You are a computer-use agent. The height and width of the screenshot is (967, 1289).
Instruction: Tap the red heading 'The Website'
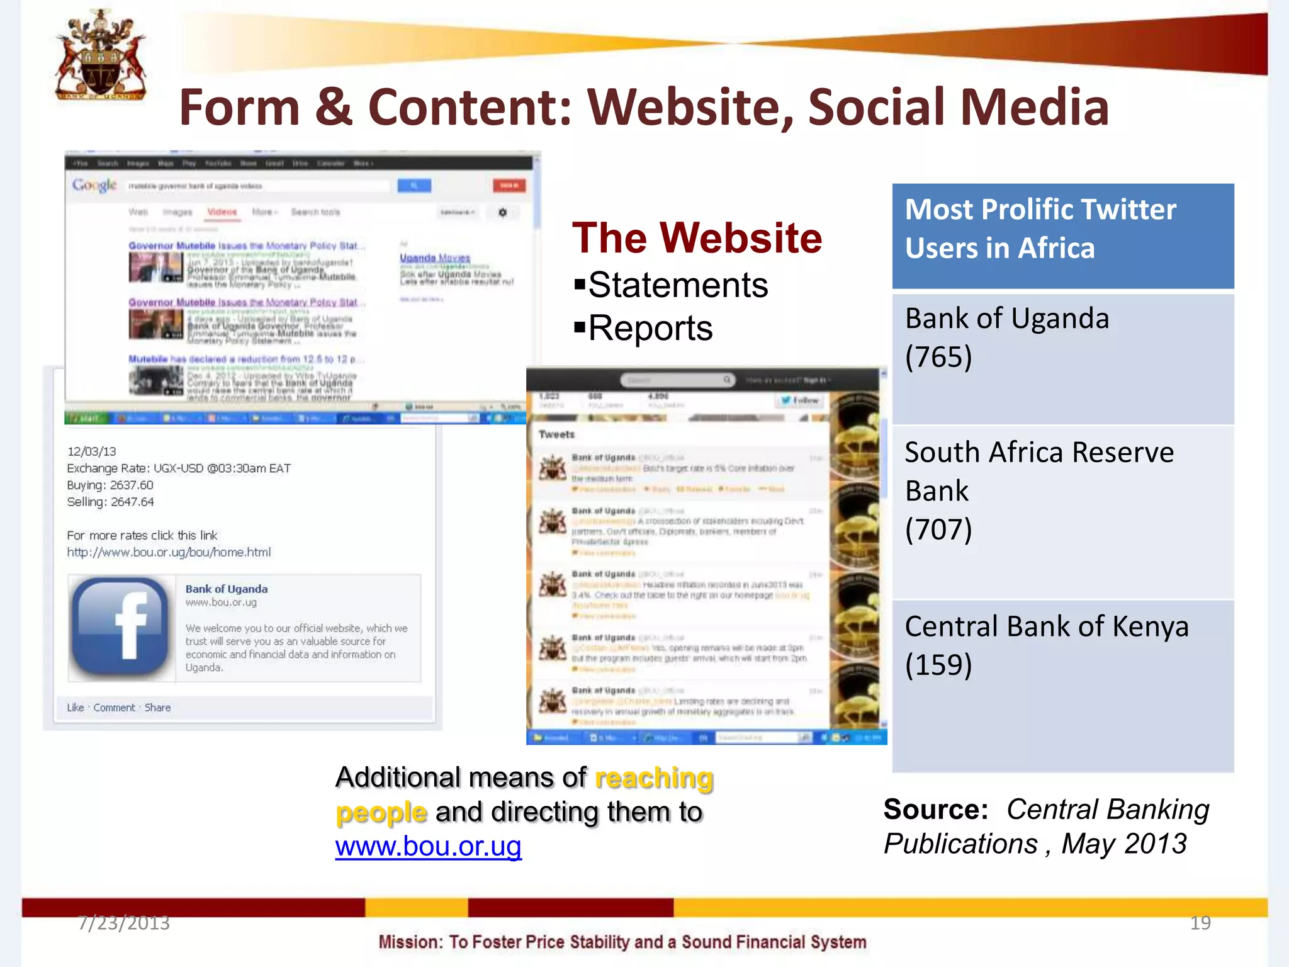pyautogui.click(x=697, y=238)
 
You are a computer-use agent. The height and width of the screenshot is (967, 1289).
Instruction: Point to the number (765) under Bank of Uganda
pyautogui.click(x=938, y=358)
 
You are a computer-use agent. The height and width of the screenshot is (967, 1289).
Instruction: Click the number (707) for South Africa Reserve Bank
pyautogui.click(x=938, y=529)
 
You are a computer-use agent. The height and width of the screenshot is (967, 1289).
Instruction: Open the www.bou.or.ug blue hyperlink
pyautogui.click(x=428, y=846)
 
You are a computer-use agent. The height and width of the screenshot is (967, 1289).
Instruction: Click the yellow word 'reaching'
pyautogui.click(x=654, y=778)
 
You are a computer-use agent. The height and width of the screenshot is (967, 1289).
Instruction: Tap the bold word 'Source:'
pyautogui.click(x=935, y=810)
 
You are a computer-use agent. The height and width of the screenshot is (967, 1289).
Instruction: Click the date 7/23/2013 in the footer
pyautogui.click(x=124, y=923)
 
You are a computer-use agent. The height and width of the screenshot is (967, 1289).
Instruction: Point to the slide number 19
pyautogui.click(x=1200, y=923)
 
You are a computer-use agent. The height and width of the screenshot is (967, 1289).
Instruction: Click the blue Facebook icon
pyautogui.click(x=120, y=627)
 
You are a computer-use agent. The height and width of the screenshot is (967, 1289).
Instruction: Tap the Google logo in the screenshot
pyautogui.click(x=94, y=185)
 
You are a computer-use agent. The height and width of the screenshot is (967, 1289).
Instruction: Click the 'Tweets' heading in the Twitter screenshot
pyautogui.click(x=557, y=434)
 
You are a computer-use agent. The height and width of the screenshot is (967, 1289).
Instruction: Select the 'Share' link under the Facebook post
pyautogui.click(x=157, y=708)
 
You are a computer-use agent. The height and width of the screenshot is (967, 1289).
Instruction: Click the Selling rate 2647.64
pyautogui.click(x=132, y=502)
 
